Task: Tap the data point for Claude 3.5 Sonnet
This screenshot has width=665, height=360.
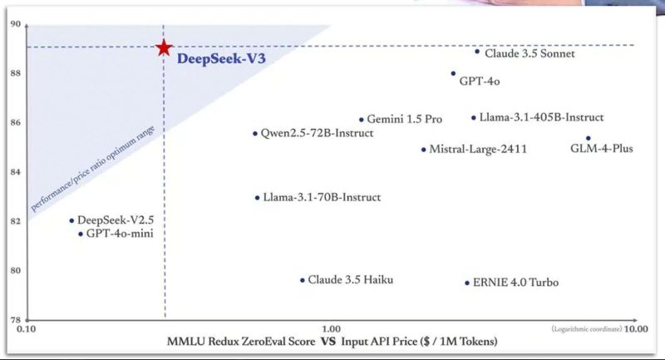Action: pyautogui.click(x=477, y=52)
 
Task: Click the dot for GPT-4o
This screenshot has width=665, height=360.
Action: pyautogui.click(x=453, y=73)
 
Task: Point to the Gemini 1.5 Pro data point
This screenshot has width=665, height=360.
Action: pyautogui.click(x=361, y=120)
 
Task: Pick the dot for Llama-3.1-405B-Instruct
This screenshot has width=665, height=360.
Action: pyautogui.click(x=473, y=118)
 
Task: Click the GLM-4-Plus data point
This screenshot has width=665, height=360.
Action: pyautogui.click(x=588, y=138)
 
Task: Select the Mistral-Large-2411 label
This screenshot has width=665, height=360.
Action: pyautogui.click(x=478, y=150)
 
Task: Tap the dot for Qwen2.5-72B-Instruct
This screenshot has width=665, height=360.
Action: pyautogui.click(x=255, y=133)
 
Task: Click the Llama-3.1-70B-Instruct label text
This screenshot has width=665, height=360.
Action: pyautogui.click(x=322, y=198)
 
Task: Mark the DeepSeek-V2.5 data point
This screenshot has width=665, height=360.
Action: pyautogui.click(x=71, y=220)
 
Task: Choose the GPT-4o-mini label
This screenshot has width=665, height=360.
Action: pyautogui.click(x=125, y=234)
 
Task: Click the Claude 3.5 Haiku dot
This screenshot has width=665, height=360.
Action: pyautogui.click(x=302, y=280)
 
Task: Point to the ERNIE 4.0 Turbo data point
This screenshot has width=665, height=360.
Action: pyautogui.click(x=467, y=283)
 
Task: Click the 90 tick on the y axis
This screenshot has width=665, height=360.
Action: pyautogui.click(x=15, y=24)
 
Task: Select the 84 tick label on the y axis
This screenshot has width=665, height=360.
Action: pyautogui.click(x=15, y=172)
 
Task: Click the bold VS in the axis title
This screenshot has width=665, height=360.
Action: pyautogui.click(x=329, y=342)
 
